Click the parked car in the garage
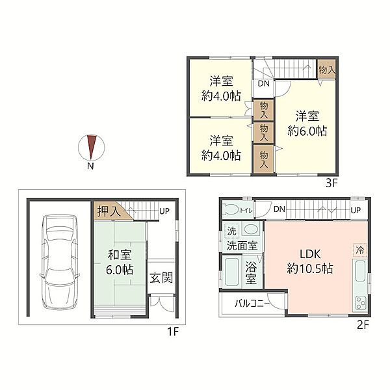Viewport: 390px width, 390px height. click(60, 262)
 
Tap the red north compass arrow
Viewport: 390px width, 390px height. click(92, 147)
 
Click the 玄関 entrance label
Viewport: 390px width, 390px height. click(161, 278)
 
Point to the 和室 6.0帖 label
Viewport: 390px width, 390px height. click(120, 262)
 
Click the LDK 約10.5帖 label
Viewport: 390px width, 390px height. click(310, 261)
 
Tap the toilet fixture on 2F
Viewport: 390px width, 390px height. click(231, 209)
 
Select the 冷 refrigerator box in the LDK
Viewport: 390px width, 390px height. click(359, 250)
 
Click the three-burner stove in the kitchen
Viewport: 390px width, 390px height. click(359, 304)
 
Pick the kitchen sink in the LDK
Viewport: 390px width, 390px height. click(359, 271)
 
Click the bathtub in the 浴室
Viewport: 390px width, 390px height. click(231, 272)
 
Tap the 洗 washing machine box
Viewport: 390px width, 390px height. click(232, 231)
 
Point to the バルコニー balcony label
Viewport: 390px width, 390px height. click(252, 304)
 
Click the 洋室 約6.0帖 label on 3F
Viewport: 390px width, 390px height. click(307, 123)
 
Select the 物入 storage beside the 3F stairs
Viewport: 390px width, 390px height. click(327, 70)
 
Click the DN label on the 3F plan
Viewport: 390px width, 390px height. click(264, 84)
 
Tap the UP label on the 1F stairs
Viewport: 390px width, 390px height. click(164, 211)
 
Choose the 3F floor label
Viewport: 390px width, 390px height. click(331, 183)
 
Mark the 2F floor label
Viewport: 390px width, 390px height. click(363, 324)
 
